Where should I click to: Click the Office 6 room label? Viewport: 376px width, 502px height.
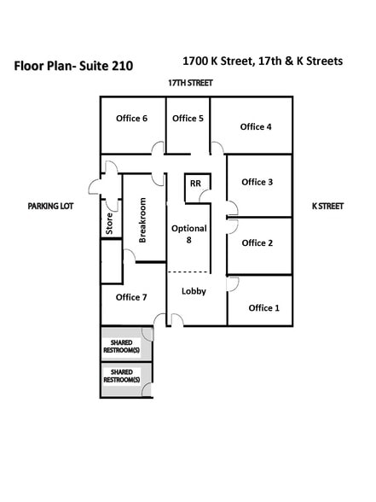[132, 119]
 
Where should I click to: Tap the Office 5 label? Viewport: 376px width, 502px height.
[188, 119]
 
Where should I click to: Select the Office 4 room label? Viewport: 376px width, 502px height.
[256, 127]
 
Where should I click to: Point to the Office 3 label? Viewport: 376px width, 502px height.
[257, 182]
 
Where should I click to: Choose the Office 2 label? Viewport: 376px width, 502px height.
[257, 242]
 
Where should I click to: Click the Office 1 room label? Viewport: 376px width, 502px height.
[263, 307]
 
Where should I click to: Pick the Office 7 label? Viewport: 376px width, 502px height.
[131, 297]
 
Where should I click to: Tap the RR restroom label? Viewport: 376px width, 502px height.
[195, 184]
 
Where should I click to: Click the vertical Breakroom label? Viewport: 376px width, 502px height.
[142, 220]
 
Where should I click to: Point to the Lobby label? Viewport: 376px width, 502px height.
[194, 291]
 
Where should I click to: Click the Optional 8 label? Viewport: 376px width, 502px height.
[188, 235]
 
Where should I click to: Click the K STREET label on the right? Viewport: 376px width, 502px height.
[327, 206]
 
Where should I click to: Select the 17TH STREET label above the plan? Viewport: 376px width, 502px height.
[189, 83]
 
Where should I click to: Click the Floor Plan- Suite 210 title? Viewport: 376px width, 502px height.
[73, 65]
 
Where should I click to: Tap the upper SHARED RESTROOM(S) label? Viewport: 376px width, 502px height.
[122, 345]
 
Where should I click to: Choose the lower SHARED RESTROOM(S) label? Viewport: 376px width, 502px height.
[122, 376]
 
